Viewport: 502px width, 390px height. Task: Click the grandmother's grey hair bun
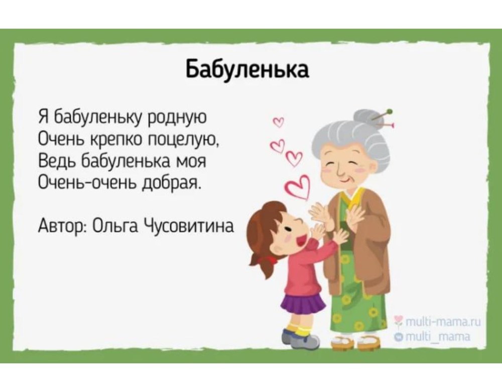coord(372,116)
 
